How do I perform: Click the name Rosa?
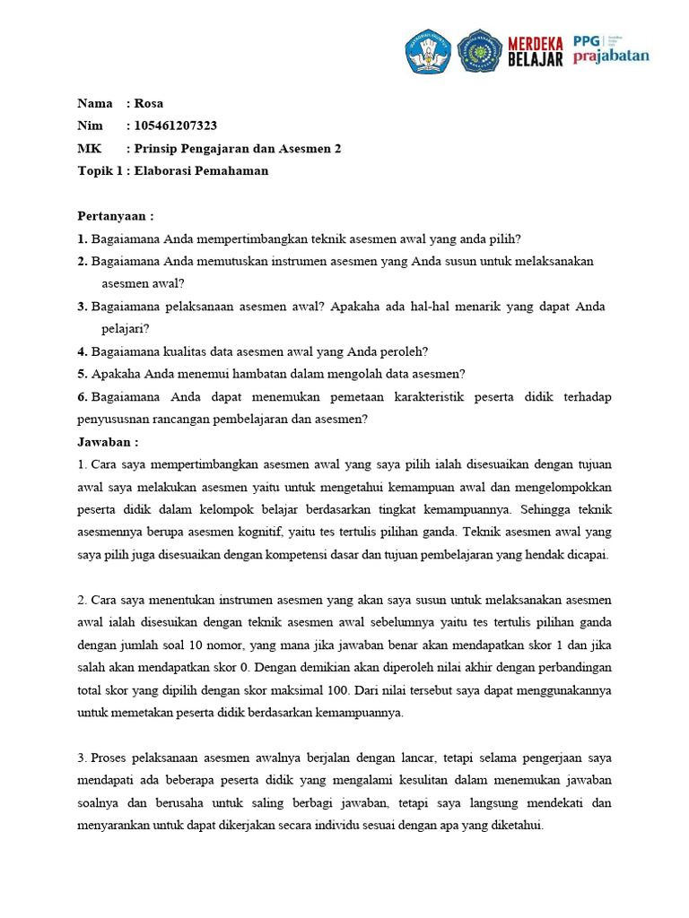[x=149, y=103]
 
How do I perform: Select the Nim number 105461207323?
[x=175, y=126]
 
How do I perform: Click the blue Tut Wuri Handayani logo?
[x=428, y=51]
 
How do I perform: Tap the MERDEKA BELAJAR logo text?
[x=536, y=51]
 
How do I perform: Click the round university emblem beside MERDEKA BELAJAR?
[x=480, y=51]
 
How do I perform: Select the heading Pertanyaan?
[x=116, y=216]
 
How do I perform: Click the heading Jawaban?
[x=108, y=442]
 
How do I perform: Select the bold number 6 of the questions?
[x=83, y=396]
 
